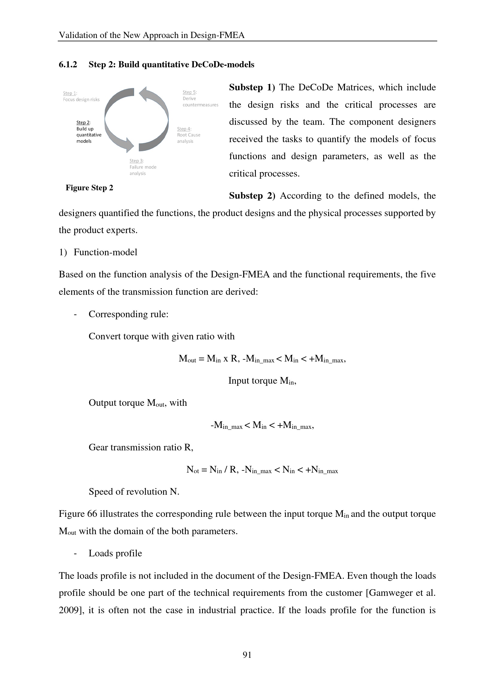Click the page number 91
coord(247,655)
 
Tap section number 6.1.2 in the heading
coord(68,65)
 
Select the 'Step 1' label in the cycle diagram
coord(70,93)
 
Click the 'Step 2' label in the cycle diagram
coord(83,123)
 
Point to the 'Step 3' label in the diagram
coord(136,161)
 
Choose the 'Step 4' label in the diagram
coord(184,129)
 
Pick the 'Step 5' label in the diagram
coord(189,92)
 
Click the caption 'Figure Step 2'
coord(89,188)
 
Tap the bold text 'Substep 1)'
coord(252,87)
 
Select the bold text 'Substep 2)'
coord(252,196)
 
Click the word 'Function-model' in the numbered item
coord(105,253)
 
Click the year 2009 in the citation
coord(69,610)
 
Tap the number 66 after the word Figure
coord(92,514)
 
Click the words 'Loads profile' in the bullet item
coord(115,553)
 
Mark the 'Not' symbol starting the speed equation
coord(192,470)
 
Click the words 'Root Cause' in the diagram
coord(189,135)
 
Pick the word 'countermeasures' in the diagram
coord(201,105)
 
